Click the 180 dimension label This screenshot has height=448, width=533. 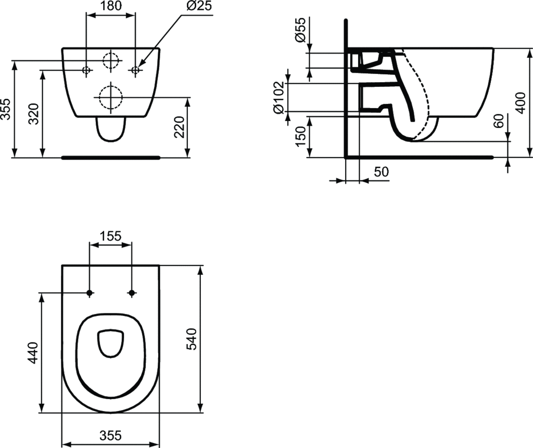pyautogui.click(x=111, y=6)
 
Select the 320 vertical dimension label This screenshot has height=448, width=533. pyautogui.click(x=34, y=114)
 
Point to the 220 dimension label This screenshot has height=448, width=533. pyautogui.click(x=179, y=127)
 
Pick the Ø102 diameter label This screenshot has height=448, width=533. pyautogui.click(x=278, y=97)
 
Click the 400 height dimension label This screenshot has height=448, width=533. pyautogui.click(x=520, y=102)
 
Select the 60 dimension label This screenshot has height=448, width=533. pyautogui.click(x=499, y=121)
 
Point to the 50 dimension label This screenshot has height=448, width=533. pyautogui.click(x=381, y=172)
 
